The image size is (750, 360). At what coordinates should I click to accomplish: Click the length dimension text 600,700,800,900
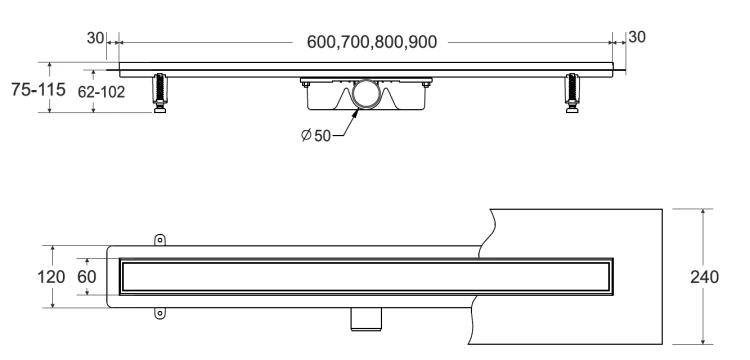372,42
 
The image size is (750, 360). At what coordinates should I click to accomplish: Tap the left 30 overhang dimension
95,38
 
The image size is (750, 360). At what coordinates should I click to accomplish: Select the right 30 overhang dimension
637,37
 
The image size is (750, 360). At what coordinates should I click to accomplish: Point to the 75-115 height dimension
38,89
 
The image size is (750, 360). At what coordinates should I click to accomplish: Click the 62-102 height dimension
101,92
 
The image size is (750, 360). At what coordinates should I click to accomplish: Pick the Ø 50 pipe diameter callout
316,135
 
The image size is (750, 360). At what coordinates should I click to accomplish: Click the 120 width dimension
51,276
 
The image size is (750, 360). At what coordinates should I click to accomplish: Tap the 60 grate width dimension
87,276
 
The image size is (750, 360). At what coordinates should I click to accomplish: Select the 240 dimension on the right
704,277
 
